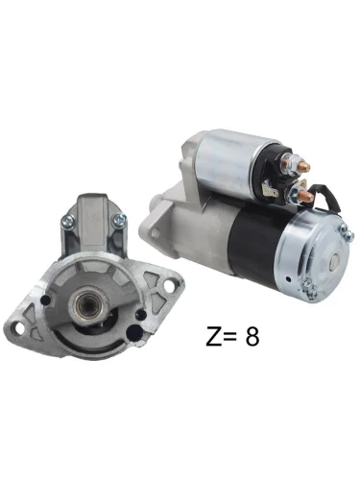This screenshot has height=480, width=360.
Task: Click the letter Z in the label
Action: click(x=214, y=336)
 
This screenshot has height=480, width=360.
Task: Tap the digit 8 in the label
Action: click(x=252, y=336)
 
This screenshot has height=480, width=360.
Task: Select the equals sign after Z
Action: click(x=230, y=337)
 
